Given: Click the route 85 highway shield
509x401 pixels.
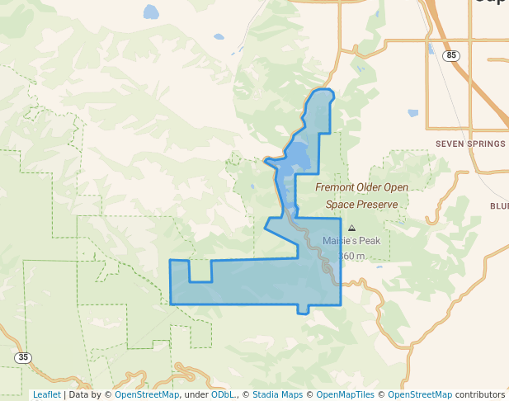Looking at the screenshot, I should click(450, 55).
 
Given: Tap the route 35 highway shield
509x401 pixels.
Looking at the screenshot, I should click(23, 357).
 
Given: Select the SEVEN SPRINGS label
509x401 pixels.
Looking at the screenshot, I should click(469, 144).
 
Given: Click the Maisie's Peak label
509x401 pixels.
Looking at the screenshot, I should click(351, 241).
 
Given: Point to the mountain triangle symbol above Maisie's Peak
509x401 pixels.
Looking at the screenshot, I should click(352, 228).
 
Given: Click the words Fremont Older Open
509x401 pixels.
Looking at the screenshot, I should click(361, 188).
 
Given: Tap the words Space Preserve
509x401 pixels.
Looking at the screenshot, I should click(361, 205).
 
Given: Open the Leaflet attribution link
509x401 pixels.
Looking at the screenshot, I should click(46, 394).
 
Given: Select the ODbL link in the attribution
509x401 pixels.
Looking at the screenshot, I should click(223, 394).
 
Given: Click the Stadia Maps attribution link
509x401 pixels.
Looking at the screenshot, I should click(277, 394).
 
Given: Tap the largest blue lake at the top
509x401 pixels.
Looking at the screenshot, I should click(151, 12).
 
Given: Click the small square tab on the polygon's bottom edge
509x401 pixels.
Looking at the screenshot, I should click(304, 309).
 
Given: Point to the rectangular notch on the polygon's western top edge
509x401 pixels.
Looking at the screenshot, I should click(200, 271).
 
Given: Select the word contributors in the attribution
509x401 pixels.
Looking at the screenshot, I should click(480, 394).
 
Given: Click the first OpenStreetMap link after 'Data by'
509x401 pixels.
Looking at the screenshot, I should click(147, 394).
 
